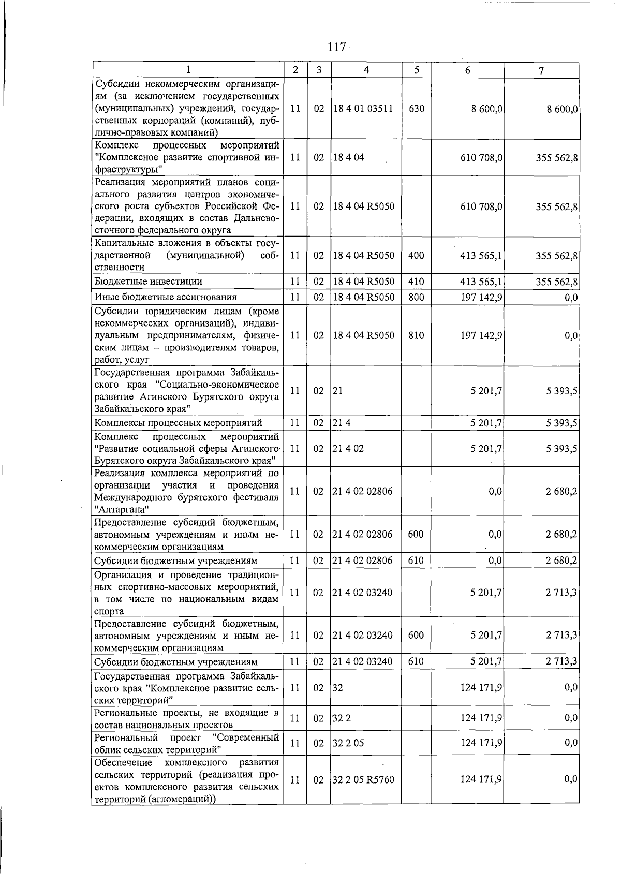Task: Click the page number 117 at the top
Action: coord(336,47)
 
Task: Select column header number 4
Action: coord(366,70)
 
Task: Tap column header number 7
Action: coord(541,71)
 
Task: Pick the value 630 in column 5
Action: coord(417,109)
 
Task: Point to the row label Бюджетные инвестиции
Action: coord(149,282)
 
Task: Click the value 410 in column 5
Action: coord(416,282)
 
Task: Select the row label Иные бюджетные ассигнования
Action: coord(166,297)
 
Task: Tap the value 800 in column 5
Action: coord(416,297)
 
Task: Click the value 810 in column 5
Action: coord(416,335)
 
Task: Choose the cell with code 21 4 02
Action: coord(348,448)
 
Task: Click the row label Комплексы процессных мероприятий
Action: coord(179,423)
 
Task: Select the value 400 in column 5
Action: coord(416,255)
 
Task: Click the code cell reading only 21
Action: coord(337,391)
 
